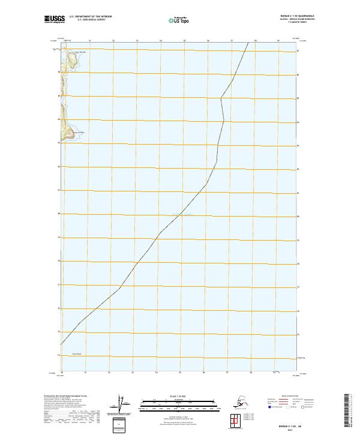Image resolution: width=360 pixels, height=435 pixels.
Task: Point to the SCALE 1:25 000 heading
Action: (179, 395)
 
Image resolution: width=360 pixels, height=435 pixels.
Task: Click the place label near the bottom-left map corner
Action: (76, 354)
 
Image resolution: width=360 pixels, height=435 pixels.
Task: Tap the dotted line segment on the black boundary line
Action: (181, 214)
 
